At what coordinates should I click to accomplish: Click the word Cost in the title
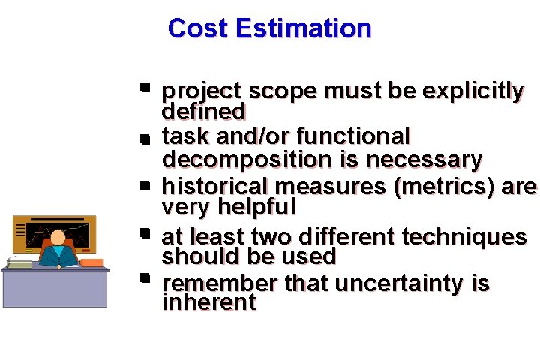coord(199,28)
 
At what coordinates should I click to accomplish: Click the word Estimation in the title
coord(302,28)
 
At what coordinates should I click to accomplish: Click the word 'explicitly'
coord(472,91)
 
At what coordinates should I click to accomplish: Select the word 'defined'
coord(203,112)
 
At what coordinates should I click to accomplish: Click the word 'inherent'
coord(209,302)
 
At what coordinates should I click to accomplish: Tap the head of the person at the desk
coord(58,238)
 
